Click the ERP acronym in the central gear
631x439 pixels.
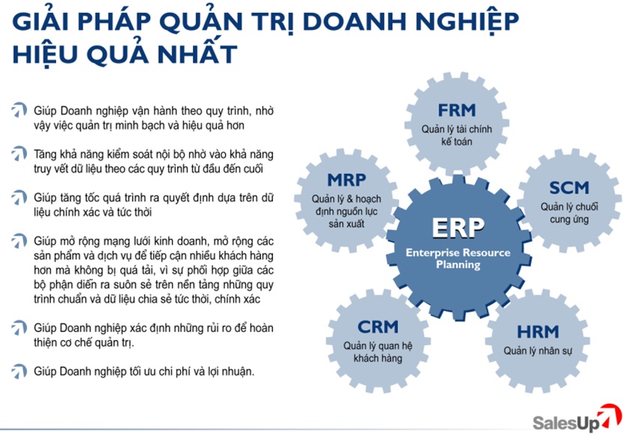458,228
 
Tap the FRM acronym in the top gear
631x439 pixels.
457,110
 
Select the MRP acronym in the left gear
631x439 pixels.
347,180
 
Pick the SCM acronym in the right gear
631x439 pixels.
569,188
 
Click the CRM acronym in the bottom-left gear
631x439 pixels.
378,326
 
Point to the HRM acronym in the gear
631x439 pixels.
538,332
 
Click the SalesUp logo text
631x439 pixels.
566,423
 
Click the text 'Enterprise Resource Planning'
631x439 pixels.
458,259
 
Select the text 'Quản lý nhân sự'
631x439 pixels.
538,351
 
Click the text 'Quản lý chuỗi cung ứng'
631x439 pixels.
569,213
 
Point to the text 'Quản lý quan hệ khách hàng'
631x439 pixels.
378,352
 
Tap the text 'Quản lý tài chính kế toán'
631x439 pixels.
457,135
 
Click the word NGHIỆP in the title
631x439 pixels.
467,22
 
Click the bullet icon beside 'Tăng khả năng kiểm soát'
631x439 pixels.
19,154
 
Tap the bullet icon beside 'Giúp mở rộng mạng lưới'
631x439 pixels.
19,241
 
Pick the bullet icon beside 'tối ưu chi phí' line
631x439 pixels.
19,371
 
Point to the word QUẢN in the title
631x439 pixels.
200,21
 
